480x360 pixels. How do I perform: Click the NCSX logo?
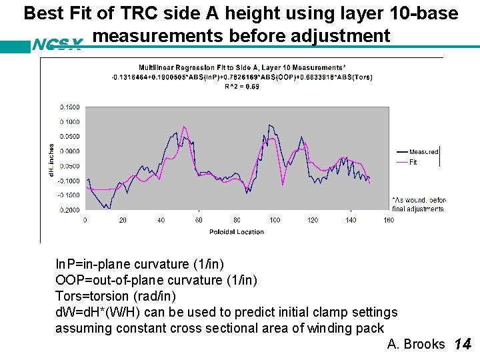coord(57,45)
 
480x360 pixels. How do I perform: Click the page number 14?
coord(463,345)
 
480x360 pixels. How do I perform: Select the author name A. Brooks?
coord(415,344)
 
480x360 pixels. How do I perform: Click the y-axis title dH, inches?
coord(51,161)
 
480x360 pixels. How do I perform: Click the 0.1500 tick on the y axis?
coord(69,107)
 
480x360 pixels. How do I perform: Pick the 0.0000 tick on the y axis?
coord(69,151)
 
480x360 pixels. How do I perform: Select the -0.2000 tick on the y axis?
coord(69,210)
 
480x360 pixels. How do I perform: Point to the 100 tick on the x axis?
coord(275,220)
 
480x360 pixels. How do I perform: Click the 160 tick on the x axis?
coord(389,220)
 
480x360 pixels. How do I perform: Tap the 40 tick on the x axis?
coord(161,220)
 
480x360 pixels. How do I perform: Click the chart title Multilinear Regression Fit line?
coord(242,68)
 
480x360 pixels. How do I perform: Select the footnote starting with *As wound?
coord(419,204)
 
